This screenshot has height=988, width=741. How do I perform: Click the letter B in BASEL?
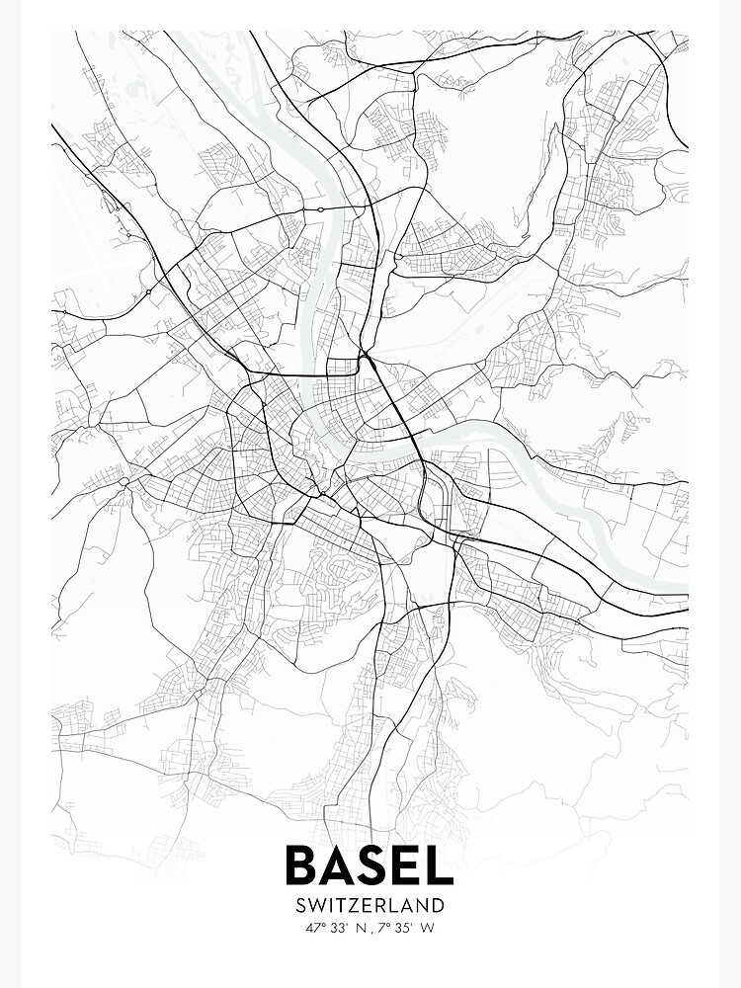303,864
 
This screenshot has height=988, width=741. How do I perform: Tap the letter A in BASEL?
342,864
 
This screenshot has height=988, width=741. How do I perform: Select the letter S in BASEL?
377,864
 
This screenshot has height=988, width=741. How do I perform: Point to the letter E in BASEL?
410,864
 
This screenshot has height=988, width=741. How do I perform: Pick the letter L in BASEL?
441,864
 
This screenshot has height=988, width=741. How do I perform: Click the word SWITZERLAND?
370,905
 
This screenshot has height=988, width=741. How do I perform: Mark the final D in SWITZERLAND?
438,905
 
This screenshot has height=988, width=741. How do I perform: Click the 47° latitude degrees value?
317,928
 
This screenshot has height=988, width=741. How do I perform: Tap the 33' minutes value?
341,928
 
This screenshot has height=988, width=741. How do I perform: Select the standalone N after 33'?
361,928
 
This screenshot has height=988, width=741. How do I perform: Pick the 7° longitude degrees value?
383,928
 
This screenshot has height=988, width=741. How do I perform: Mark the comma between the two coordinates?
372,931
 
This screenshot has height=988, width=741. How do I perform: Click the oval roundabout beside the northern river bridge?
321,209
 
